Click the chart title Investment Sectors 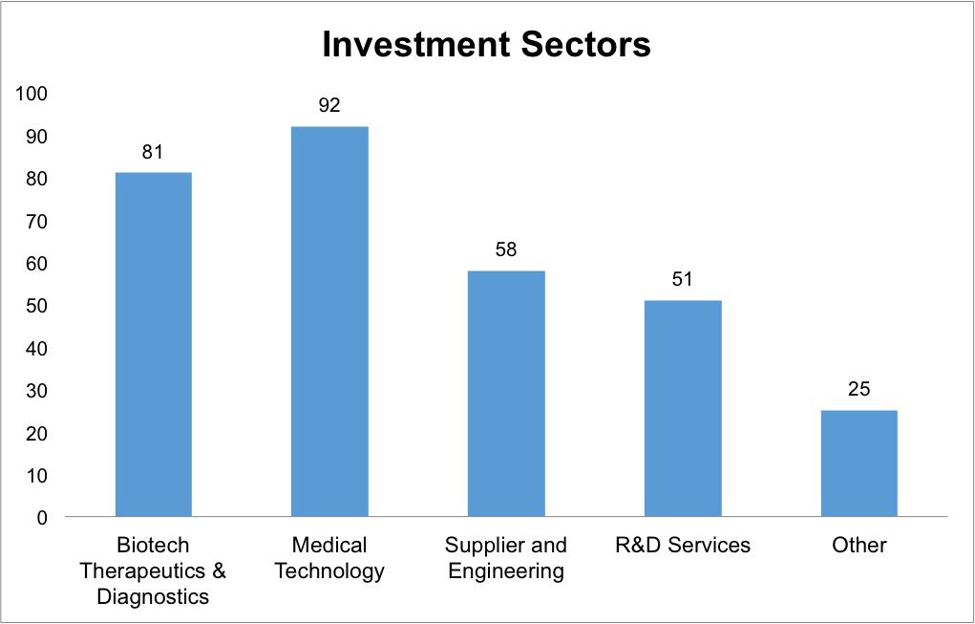tap(486, 45)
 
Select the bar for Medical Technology tap(329, 321)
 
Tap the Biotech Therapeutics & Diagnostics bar tap(154, 344)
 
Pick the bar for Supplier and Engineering tap(506, 394)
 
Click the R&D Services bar tap(683, 408)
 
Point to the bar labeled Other tap(859, 463)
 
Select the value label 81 tap(154, 152)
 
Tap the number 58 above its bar tap(506, 250)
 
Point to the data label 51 tap(683, 280)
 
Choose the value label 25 tap(859, 390)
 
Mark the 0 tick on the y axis tap(42, 517)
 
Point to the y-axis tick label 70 tap(36, 221)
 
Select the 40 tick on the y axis tap(36, 348)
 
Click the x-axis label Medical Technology tap(329, 558)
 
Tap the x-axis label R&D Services tap(683, 546)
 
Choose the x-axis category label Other tap(859, 546)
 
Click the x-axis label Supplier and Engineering tap(506, 558)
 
